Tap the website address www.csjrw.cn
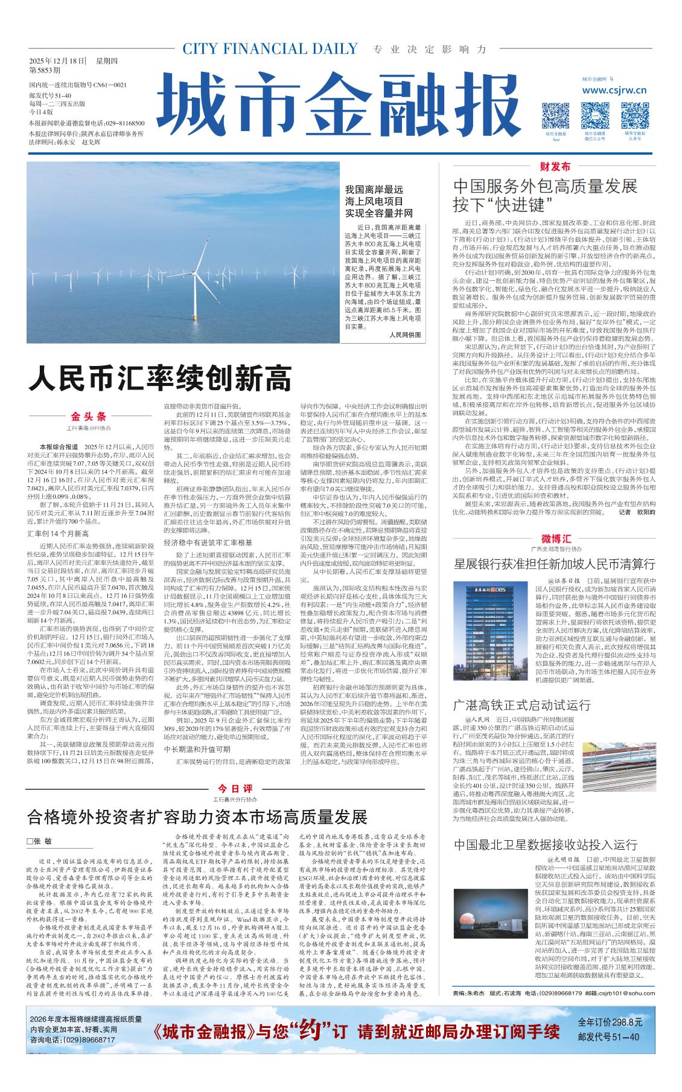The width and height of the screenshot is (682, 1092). [x=614, y=91]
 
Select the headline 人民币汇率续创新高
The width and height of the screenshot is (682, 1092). [x=160, y=379]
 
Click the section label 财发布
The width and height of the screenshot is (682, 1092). [x=554, y=166]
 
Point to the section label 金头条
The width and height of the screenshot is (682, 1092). [x=89, y=417]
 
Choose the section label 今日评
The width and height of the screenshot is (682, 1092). [x=235, y=789]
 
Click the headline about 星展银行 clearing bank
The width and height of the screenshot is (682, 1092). [x=554, y=564]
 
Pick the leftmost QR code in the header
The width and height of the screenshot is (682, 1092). [x=555, y=115]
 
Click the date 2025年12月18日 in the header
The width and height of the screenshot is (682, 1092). [x=57, y=60]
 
